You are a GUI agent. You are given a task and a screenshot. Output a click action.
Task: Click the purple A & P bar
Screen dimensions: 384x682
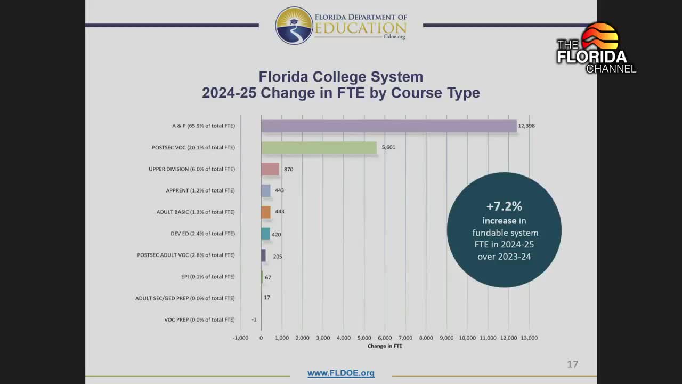coord(388,126)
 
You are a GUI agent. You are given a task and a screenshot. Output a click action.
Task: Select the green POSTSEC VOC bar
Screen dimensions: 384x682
coord(319,147)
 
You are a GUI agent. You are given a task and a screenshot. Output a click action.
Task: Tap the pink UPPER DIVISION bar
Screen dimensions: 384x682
coord(270,169)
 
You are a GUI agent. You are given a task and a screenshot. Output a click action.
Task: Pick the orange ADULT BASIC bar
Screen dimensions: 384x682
coord(266,212)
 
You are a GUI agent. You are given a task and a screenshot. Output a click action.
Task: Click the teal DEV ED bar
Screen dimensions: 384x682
coord(265,234)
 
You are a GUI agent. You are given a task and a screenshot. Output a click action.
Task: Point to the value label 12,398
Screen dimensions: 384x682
coord(526,126)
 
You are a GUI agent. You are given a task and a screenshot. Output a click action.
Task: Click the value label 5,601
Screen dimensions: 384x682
coord(388,147)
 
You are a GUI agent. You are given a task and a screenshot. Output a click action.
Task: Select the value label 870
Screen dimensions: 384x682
coord(288,169)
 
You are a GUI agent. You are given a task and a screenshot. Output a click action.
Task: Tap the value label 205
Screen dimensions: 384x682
coord(278,257)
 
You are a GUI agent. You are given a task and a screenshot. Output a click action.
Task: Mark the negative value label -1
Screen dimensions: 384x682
coord(254,319)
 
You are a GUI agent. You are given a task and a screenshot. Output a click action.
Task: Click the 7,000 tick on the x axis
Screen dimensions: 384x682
coord(405,338)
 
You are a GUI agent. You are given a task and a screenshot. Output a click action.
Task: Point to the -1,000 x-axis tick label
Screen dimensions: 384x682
coord(241,338)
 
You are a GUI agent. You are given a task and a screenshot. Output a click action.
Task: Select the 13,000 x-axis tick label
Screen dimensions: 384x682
coord(529,338)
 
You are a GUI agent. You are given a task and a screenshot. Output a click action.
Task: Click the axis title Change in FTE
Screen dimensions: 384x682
coord(385,346)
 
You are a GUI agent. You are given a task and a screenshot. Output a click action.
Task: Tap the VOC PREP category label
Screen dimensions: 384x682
coord(199,319)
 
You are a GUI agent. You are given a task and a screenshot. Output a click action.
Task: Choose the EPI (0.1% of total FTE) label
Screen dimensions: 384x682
coord(208,277)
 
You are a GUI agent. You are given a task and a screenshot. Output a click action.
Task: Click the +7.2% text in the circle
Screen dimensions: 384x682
coord(504,206)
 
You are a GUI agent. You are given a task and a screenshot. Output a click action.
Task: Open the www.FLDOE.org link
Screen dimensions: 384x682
coord(341,373)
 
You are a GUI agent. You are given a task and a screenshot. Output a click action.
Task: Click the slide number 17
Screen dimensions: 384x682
coord(572,364)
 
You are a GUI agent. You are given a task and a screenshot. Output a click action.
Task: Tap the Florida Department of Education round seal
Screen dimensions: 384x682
coord(294,26)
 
